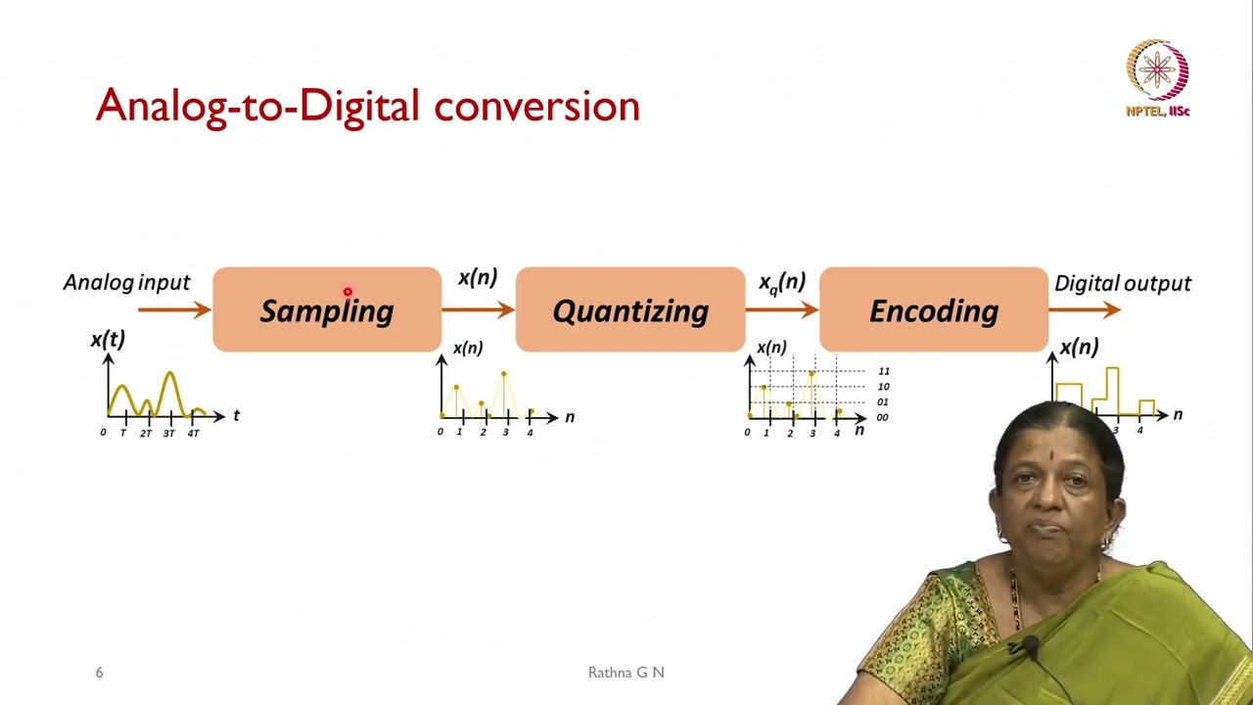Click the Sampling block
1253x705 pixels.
pyautogui.click(x=326, y=310)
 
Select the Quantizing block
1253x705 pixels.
pyautogui.click(x=629, y=310)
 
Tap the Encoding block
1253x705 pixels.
pyautogui.click(x=933, y=310)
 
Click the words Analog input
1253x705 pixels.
pyautogui.click(x=126, y=283)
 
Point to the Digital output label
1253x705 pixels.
pyautogui.click(x=1122, y=284)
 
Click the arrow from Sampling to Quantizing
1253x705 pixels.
pyautogui.click(x=478, y=309)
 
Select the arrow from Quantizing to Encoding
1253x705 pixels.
pyautogui.click(x=781, y=309)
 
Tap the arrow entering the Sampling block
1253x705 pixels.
pyautogui.click(x=174, y=309)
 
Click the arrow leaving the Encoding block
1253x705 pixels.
pyautogui.click(x=1085, y=309)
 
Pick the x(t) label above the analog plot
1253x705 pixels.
pyautogui.click(x=108, y=340)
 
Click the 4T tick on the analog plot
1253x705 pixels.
pyautogui.click(x=193, y=433)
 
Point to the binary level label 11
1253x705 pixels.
pyautogui.click(x=883, y=371)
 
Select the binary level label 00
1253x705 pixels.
pyautogui.click(x=883, y=417)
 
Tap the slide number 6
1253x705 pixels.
pyautogui.click(x=99, y=673)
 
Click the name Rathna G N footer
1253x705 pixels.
pyautogui.click(x=626, y=673)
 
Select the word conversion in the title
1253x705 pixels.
pyautogui.click(x=536, y=106)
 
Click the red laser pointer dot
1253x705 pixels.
pyautogui.click(x=348, y=292)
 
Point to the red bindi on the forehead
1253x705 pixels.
pyautogui.click(x=1054, y=456)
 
